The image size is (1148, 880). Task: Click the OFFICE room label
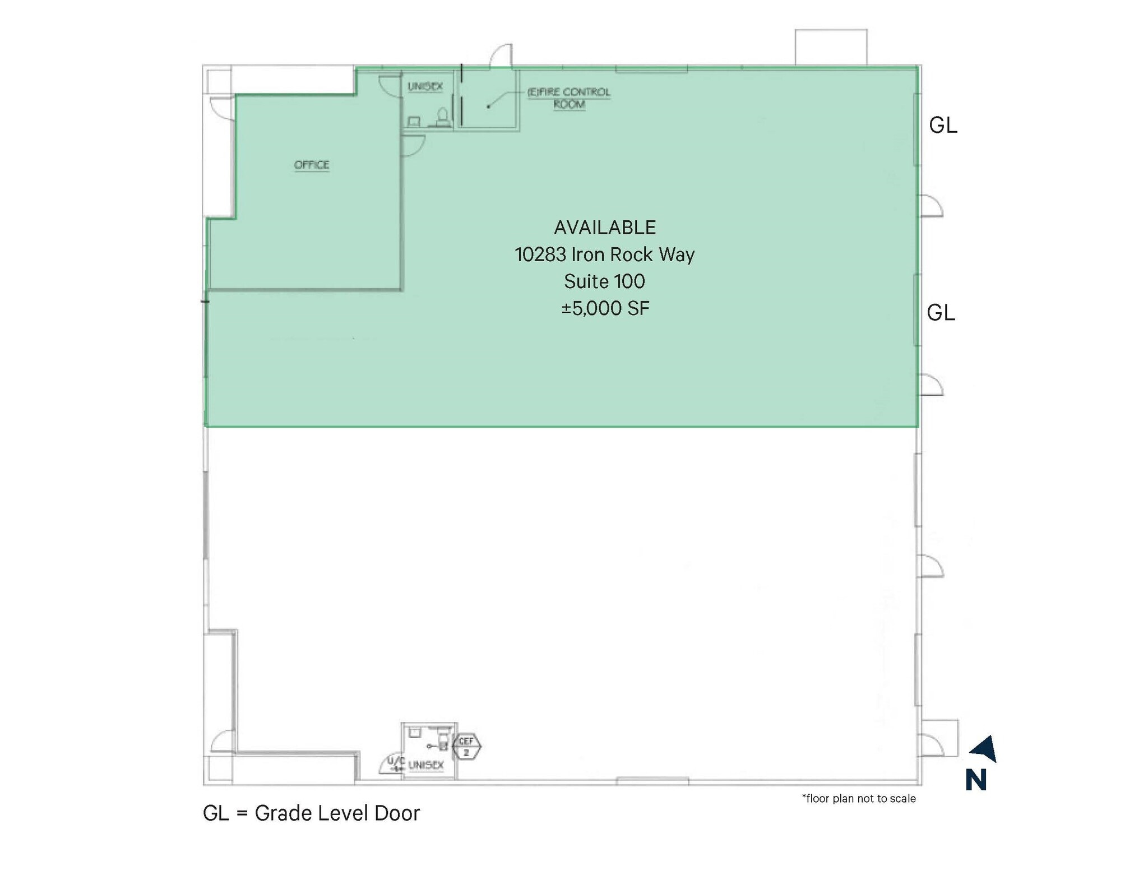pos(312,165)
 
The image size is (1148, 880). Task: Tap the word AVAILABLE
pos(605,228)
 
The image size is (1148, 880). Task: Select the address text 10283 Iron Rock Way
pos(605,254)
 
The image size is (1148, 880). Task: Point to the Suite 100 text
pos(604,281)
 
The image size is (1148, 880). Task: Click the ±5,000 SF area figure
pos(605,308)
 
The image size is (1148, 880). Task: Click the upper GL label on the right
pos(943,126)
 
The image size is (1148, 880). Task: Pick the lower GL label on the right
pos(941,313)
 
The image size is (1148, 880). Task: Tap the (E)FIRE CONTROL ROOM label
pos(569,98)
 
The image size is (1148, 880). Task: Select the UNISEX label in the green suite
pos(425,86)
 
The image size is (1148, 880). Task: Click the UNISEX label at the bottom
pos(426,765)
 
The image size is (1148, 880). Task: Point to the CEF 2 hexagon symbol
pos(466,746)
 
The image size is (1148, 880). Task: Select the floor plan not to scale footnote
pos(859,799)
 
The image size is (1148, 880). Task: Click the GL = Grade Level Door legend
pos(311,813)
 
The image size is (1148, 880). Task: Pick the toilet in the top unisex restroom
pos(443,117)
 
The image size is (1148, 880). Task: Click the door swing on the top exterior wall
pos(501,56)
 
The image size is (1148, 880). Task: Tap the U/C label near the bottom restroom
pos(396,762)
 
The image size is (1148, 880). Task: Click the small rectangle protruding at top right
pos(831,47)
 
